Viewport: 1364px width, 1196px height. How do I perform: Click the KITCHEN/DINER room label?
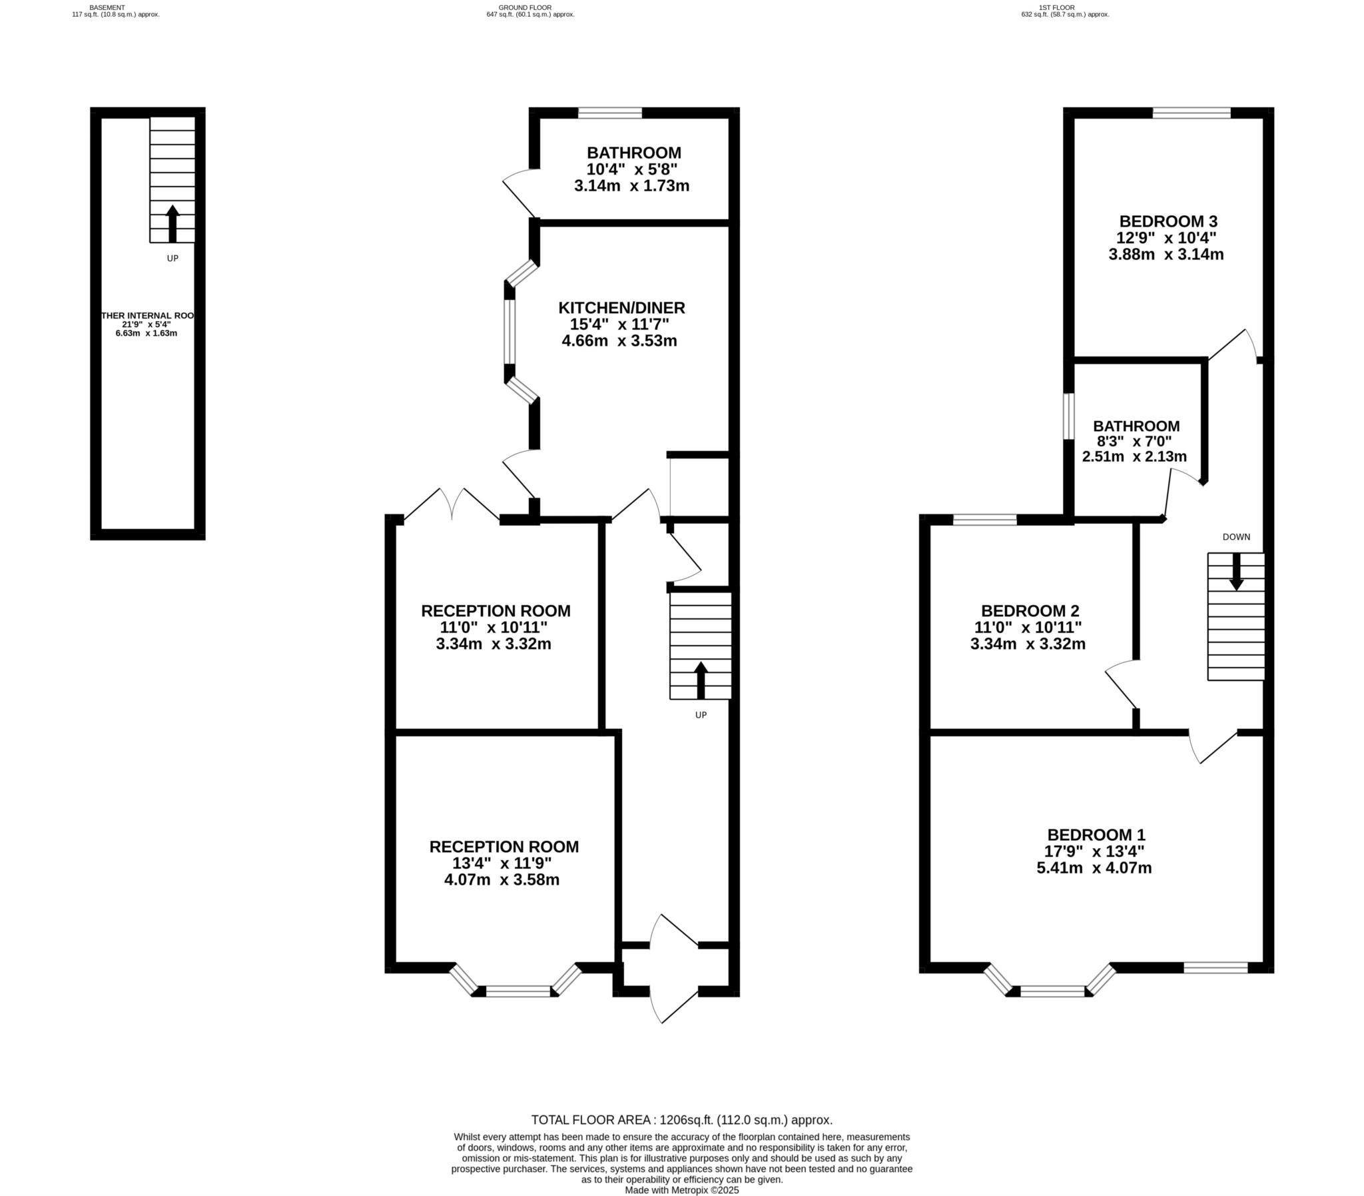621,308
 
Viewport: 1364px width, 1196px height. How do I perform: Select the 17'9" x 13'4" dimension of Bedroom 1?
1094,852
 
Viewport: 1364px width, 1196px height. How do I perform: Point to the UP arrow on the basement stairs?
172,223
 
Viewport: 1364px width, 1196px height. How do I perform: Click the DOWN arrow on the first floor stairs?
1236,572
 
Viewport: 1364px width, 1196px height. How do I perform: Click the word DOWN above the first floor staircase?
1236,536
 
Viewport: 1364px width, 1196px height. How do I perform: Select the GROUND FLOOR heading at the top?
525,7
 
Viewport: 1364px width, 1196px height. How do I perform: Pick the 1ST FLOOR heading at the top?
1065,7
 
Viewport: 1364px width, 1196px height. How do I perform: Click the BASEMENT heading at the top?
107,7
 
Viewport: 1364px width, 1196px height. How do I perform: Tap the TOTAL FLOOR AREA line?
681,1121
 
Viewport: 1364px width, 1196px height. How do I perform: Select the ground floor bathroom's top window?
609,113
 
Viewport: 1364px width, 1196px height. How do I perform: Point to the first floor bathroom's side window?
1068,416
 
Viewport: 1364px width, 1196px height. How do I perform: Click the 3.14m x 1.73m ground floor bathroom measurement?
631,186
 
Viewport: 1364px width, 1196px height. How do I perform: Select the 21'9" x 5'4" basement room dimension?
146,324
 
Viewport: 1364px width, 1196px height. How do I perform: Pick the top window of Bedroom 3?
1192,113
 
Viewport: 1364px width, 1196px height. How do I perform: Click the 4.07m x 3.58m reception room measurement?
502,880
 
